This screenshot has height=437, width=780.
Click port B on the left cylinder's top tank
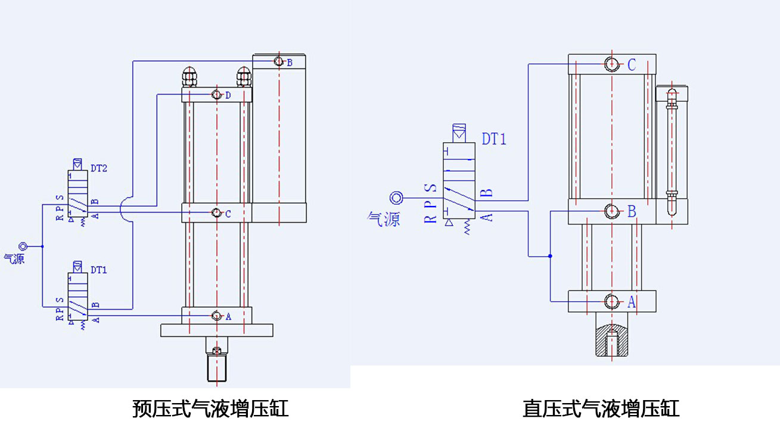278,61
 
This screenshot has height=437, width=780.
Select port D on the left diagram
216,95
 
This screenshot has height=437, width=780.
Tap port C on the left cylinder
216,213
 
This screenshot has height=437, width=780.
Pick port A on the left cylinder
216,316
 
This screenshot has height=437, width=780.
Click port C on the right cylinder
612,64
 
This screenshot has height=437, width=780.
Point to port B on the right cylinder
612,211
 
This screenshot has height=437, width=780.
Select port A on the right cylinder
612,302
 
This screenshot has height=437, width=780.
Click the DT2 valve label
99,169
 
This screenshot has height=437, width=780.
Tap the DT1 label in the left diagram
99,270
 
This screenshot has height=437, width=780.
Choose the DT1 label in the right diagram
494,140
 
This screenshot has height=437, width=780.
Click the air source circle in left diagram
23,246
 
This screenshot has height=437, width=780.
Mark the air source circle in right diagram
396,198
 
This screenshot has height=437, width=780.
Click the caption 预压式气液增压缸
210,409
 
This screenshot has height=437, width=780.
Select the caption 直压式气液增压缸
601,409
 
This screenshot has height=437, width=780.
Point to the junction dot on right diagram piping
549,257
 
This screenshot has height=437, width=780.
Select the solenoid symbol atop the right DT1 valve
459,132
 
